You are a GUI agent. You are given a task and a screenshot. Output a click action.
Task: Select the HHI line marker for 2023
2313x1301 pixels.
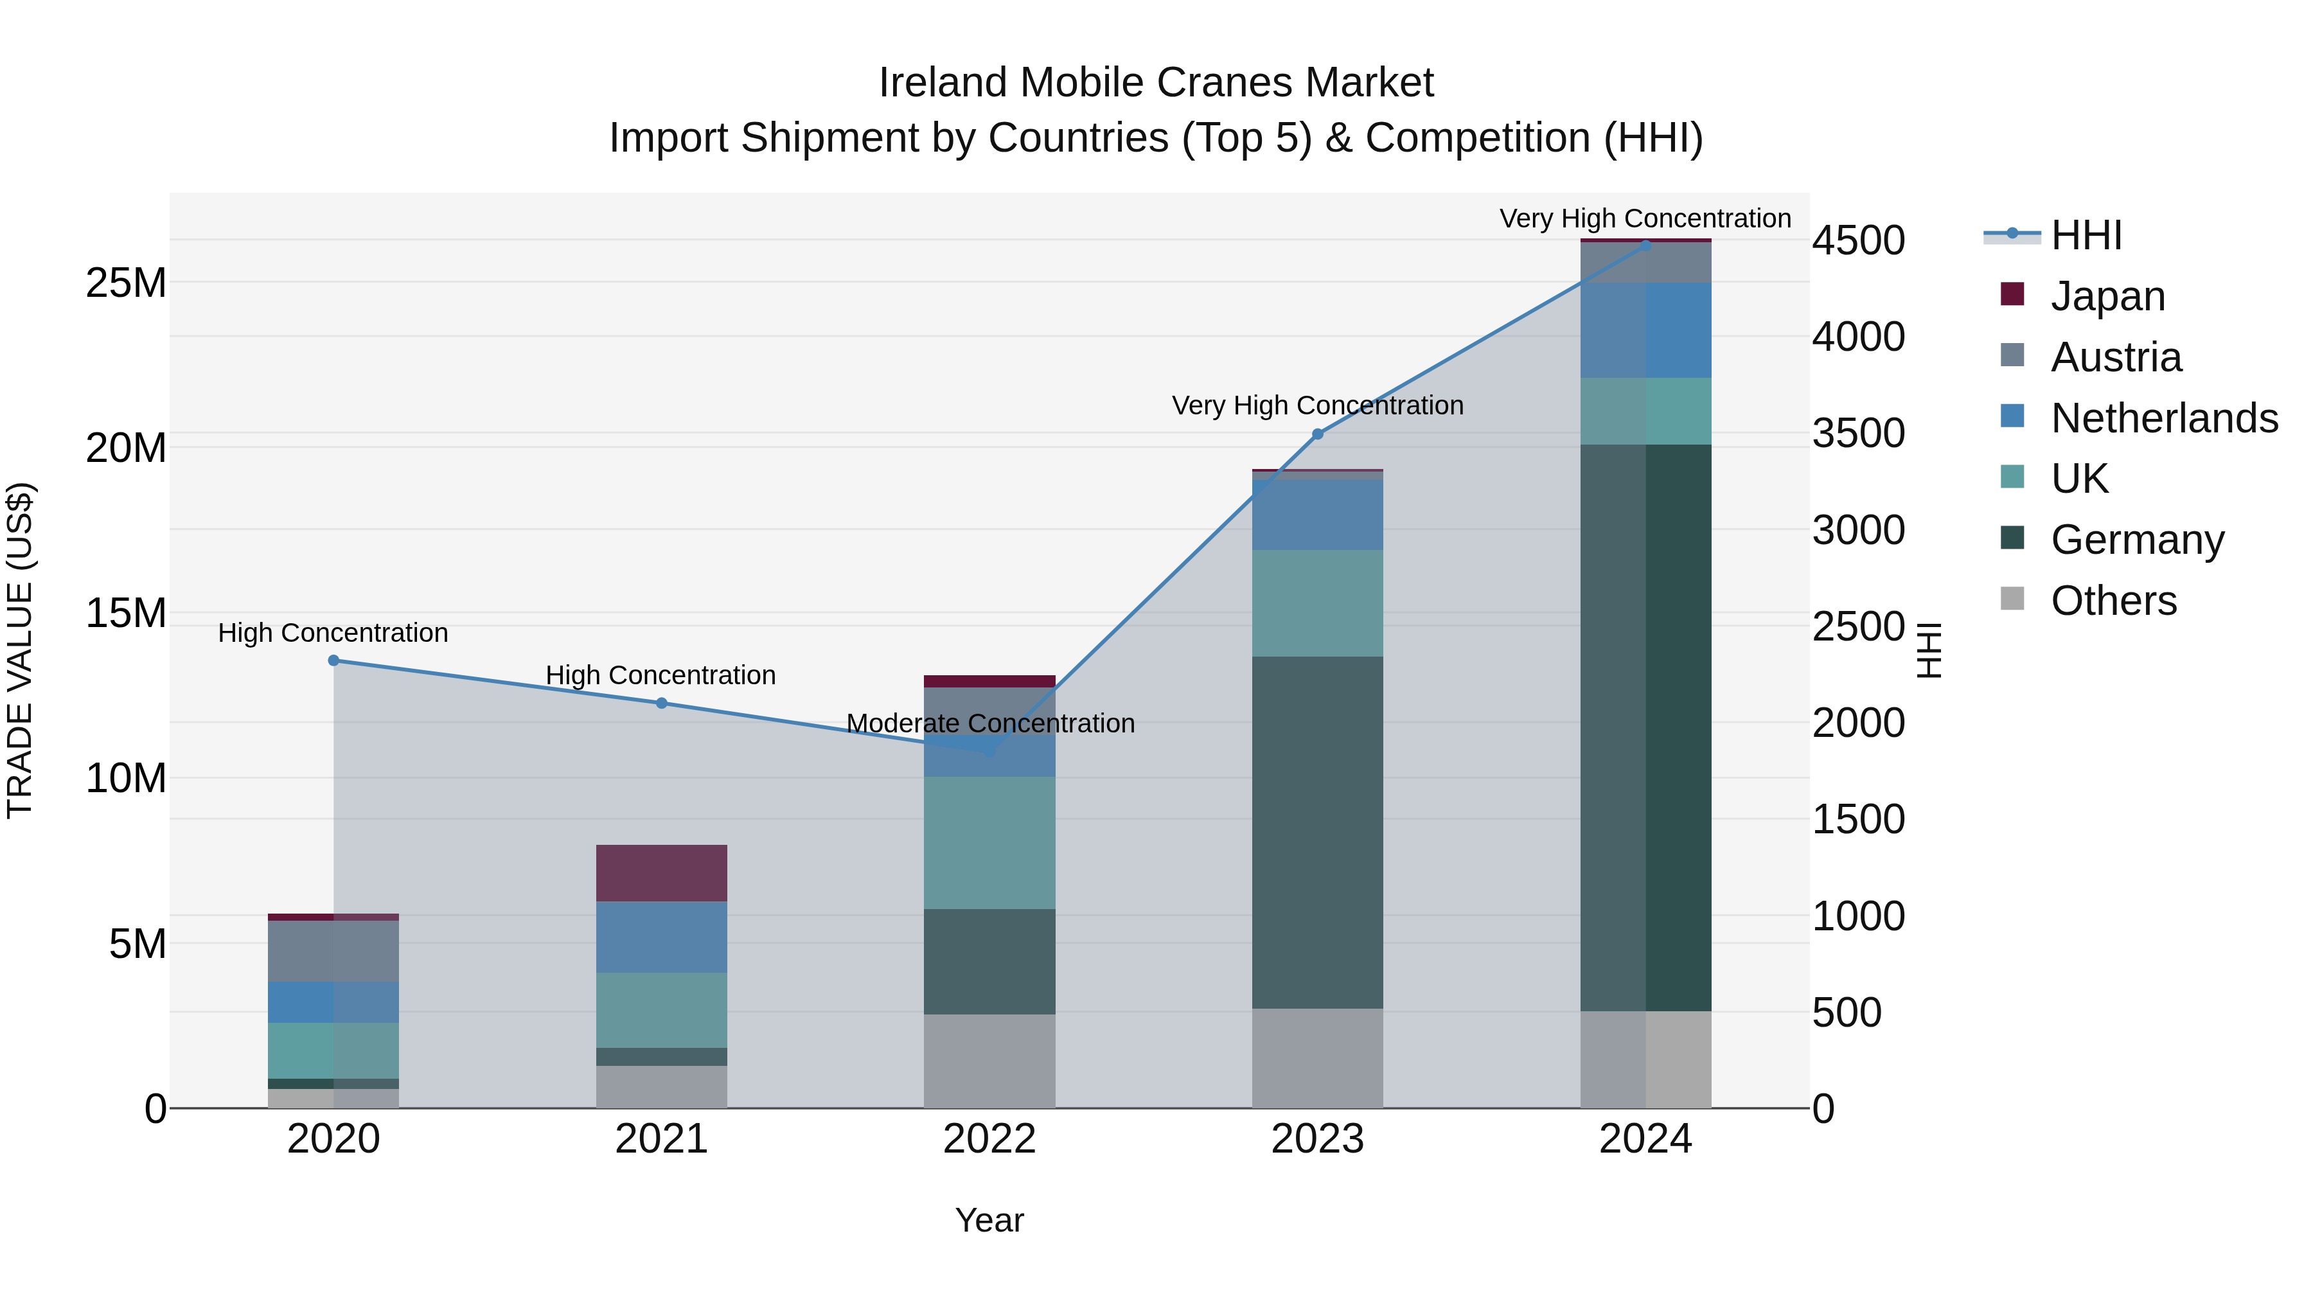point(1317,434)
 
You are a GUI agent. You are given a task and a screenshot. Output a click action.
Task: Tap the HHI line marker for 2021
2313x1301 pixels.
point(662,703)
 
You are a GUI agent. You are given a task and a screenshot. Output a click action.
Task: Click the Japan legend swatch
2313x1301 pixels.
point(2012,294)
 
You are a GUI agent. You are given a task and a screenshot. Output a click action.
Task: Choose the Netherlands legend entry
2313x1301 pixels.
point(2164,418)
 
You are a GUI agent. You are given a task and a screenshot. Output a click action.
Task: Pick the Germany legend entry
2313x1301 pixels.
point(2137,540)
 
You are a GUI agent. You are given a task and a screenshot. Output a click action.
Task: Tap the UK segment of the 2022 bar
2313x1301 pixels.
point(989,842)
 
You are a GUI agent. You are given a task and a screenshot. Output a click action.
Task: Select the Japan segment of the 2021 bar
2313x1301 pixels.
point(662,872)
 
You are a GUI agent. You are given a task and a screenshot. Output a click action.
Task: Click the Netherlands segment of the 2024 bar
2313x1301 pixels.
point(1645,330)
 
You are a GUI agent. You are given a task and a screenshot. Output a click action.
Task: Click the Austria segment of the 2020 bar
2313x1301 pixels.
point(333,951)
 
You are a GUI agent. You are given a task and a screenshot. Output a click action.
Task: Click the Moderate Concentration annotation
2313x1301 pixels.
point(989,723)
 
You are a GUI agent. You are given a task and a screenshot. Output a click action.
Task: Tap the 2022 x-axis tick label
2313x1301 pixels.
point(989,1139)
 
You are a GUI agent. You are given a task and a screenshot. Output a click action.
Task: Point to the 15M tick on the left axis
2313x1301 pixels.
point(126,614)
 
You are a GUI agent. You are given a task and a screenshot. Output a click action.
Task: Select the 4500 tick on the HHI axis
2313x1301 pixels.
point(1857,241)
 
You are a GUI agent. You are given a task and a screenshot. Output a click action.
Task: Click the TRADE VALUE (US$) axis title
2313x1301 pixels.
point(20,650)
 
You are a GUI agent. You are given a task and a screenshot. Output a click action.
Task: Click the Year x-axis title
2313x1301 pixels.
point(989,1220)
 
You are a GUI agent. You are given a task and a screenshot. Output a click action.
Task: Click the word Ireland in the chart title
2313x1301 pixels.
point(943,83)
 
